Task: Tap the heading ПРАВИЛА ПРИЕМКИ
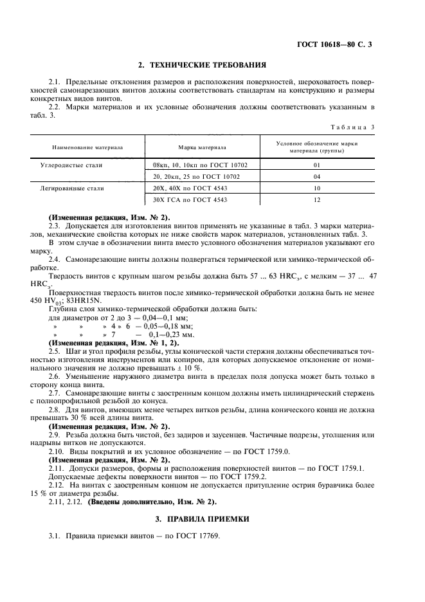[212, 518]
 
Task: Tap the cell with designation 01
[316, 165]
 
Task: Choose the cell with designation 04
[316, 176]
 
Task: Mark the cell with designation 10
[316, 188]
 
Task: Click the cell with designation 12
[316, 200]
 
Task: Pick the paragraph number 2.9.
[55, 435]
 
